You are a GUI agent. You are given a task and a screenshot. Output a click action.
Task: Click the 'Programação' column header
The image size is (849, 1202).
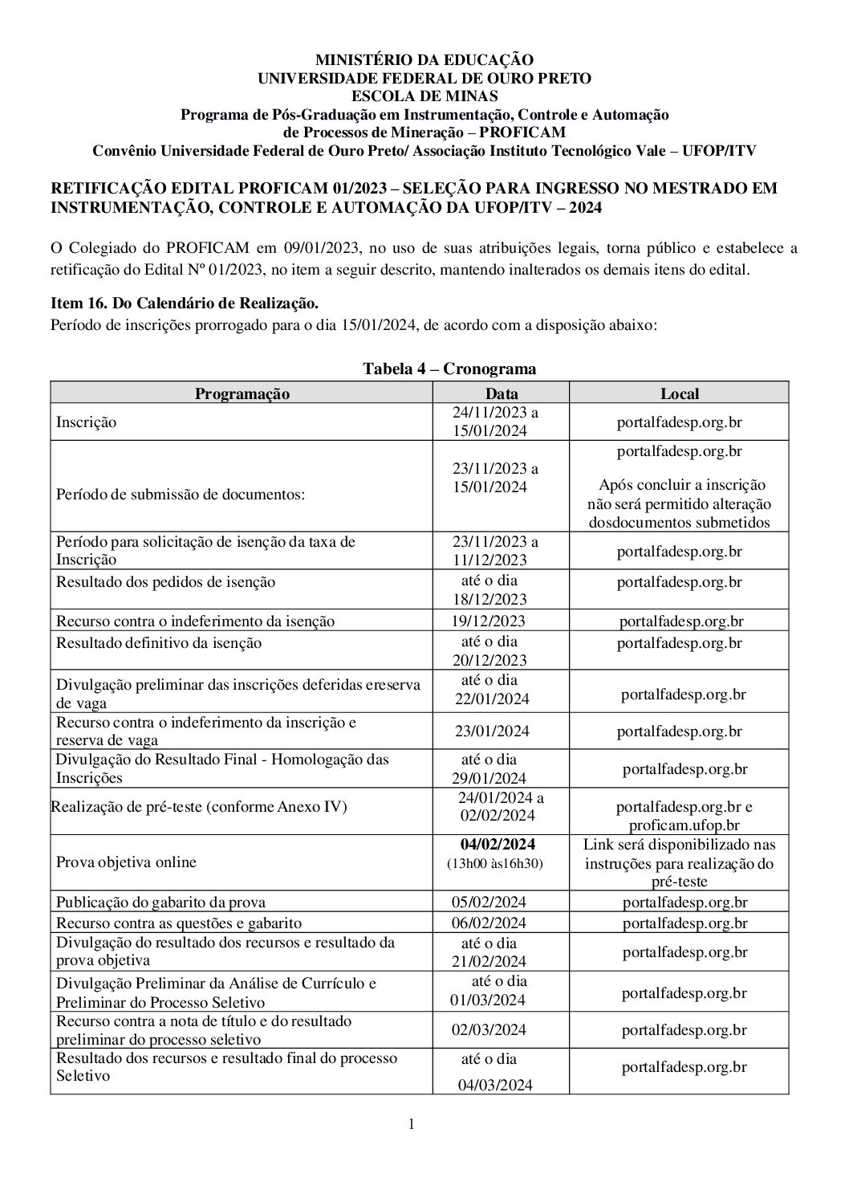point(242,393)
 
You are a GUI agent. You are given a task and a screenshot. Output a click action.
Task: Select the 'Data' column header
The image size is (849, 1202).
point(502,393)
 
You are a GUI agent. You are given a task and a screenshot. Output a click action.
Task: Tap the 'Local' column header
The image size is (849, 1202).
point(679,393)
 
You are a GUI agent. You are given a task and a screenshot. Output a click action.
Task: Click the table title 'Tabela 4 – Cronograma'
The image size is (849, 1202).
point(449,369)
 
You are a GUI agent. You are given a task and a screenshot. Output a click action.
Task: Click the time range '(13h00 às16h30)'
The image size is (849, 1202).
point(495,864)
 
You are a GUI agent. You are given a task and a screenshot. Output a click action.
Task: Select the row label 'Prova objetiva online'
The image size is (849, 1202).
point(126,862)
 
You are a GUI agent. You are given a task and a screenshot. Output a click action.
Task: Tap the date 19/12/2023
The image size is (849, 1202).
point(489,621)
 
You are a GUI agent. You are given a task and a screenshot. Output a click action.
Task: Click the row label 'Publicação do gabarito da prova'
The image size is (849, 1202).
point(160,902)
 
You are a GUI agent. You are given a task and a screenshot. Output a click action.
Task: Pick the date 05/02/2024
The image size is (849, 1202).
point(489,902)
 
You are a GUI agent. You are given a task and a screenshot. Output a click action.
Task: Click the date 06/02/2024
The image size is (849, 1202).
point(489,923)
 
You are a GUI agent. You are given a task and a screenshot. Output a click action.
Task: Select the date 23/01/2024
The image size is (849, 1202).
point(493,731)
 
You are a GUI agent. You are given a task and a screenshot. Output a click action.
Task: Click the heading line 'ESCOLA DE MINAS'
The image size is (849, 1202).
point(424,96)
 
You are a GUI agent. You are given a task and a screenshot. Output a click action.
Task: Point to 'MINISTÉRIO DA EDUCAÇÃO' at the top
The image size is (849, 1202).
point(424,60)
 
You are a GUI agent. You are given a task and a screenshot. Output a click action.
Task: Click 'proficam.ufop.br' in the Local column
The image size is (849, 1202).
point(684,825)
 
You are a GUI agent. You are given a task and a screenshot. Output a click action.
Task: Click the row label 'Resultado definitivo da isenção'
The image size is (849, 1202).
point(158,642)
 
